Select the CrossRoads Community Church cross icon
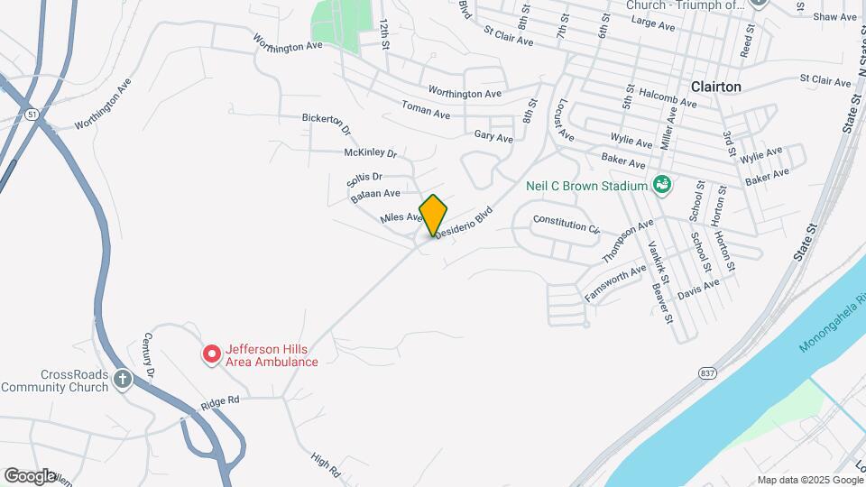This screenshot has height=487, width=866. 124,380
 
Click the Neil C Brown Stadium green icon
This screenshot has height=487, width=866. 661,186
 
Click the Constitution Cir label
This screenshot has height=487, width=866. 567,224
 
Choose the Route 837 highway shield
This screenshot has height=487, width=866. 706,372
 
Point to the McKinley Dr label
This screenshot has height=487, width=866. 370,153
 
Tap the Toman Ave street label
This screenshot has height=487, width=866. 426,114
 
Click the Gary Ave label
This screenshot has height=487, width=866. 493,137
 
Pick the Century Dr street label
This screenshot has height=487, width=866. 151,355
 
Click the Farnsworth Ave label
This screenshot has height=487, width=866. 615,282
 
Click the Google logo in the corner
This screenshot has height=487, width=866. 30,475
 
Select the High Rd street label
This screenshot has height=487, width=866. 325,465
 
